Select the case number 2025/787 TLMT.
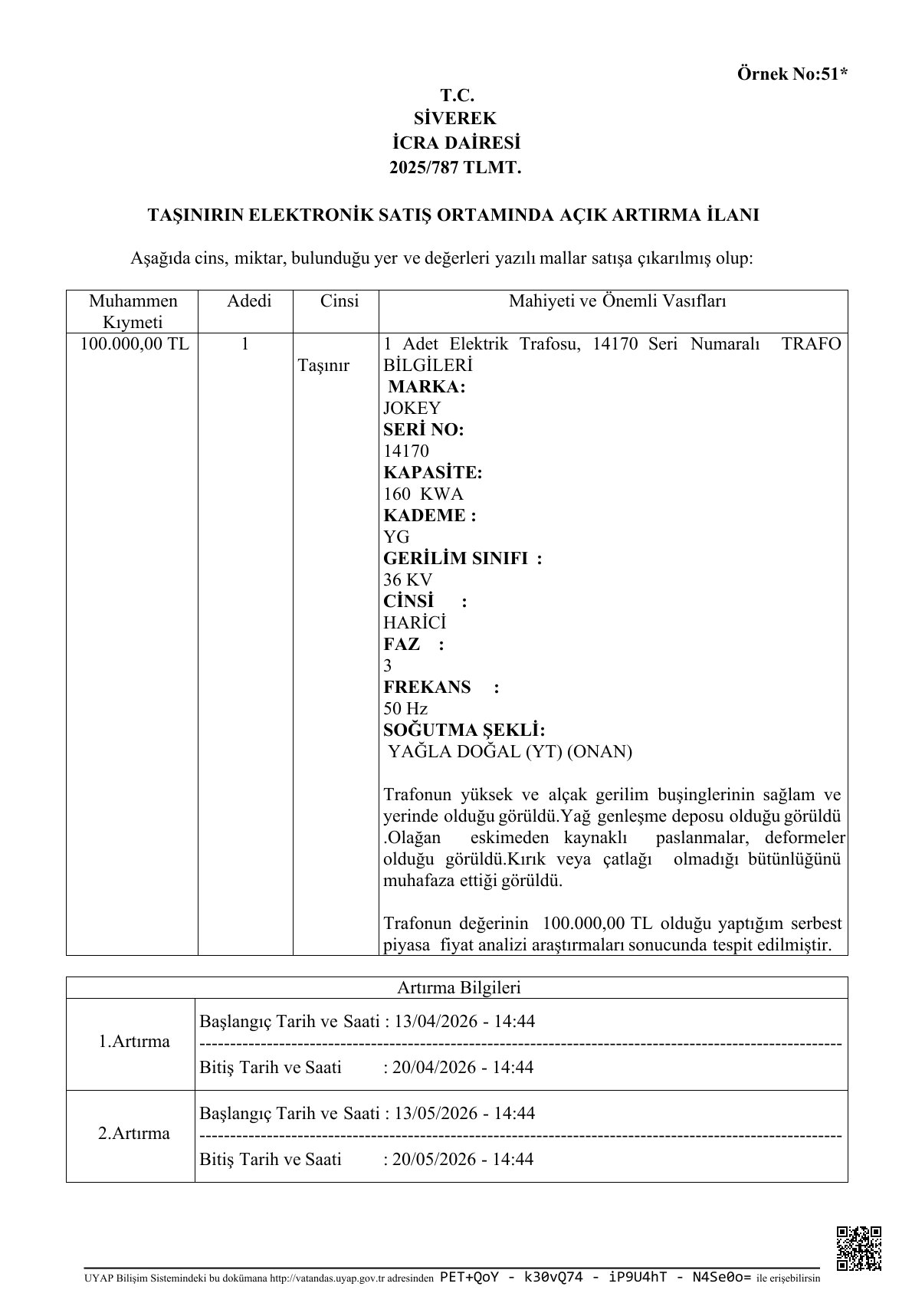(455, 166)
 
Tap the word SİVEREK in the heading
(455, 119)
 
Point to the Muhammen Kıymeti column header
(133, 311)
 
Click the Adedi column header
(249, 301)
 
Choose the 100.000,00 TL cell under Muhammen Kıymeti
(133, 343)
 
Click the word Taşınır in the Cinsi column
(323, 365)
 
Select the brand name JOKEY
(412, 408)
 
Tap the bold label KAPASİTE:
(432, 472)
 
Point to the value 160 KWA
(423, 494)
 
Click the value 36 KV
(408, 579)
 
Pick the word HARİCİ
(415, 622)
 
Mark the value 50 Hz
(405, 708)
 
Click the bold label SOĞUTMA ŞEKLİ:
(464, 730)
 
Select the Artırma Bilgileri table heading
(458, 987)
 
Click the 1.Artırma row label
(134, 1042)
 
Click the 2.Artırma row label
(134, 1134)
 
